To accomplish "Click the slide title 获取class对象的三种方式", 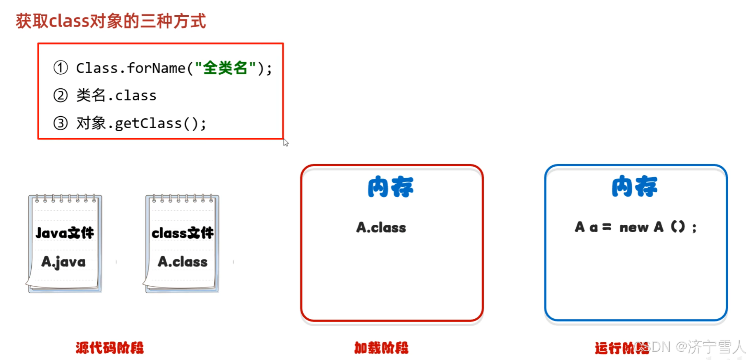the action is point(110,21).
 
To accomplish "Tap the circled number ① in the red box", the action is point(61,68).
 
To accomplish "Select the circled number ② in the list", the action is point(61,95).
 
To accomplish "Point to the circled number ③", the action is point(61,123).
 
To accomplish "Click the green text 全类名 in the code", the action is point(225,68).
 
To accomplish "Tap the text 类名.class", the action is point(116,95).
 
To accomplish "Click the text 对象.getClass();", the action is point(141,123).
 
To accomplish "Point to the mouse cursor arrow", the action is point(285,142).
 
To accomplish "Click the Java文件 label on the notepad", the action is point(65,233).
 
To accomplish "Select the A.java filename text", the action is point(63,262).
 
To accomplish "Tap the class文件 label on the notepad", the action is point(183,233).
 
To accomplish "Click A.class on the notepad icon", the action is point(183,262).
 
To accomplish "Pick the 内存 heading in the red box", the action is point(390,187).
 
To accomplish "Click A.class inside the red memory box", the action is point(381,227).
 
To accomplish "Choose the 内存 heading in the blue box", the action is point(634,186).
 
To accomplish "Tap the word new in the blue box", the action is point(634,227).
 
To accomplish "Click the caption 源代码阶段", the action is point(110,348).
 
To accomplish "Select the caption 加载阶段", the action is point(381,348).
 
